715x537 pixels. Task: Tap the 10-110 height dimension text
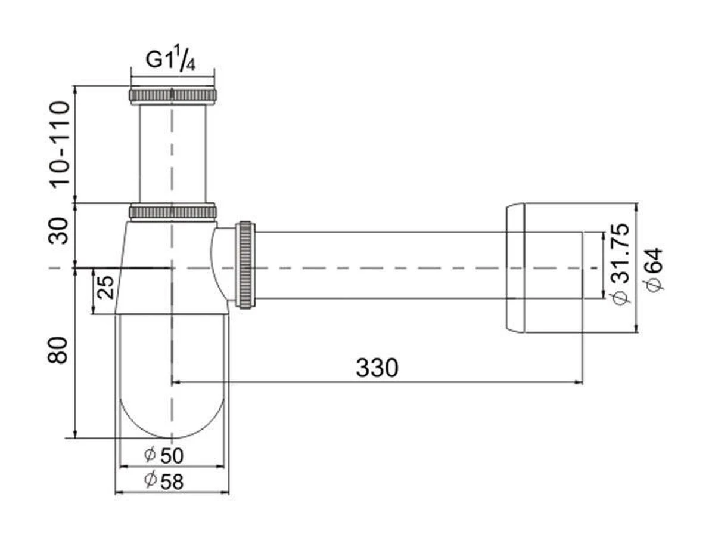coord(60,144)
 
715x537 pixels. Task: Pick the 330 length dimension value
coord(377,368)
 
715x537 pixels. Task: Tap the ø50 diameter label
coord(164,455)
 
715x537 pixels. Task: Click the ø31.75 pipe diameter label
coord(620,263)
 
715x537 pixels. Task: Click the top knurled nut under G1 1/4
coord(173,95)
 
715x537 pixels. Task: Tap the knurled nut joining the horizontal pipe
coord(245,264)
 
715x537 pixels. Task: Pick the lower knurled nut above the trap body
coord(173,211)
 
